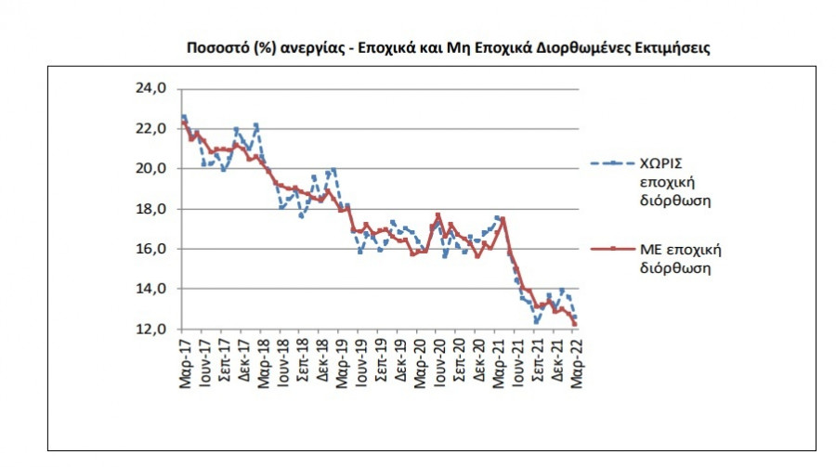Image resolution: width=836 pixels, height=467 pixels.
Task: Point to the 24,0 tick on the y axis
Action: [151, 90]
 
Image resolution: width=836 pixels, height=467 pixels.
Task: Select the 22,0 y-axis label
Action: [151, 130]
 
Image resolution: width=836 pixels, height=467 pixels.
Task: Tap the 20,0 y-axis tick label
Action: [151, 170]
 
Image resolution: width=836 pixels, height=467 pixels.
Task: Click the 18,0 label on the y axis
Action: [151, 210]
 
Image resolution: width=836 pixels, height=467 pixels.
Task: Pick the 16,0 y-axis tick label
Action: [151, 250]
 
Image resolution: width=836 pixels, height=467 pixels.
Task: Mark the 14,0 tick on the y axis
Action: [151, 290]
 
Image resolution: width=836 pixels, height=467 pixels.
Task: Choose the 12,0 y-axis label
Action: [151, 330]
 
